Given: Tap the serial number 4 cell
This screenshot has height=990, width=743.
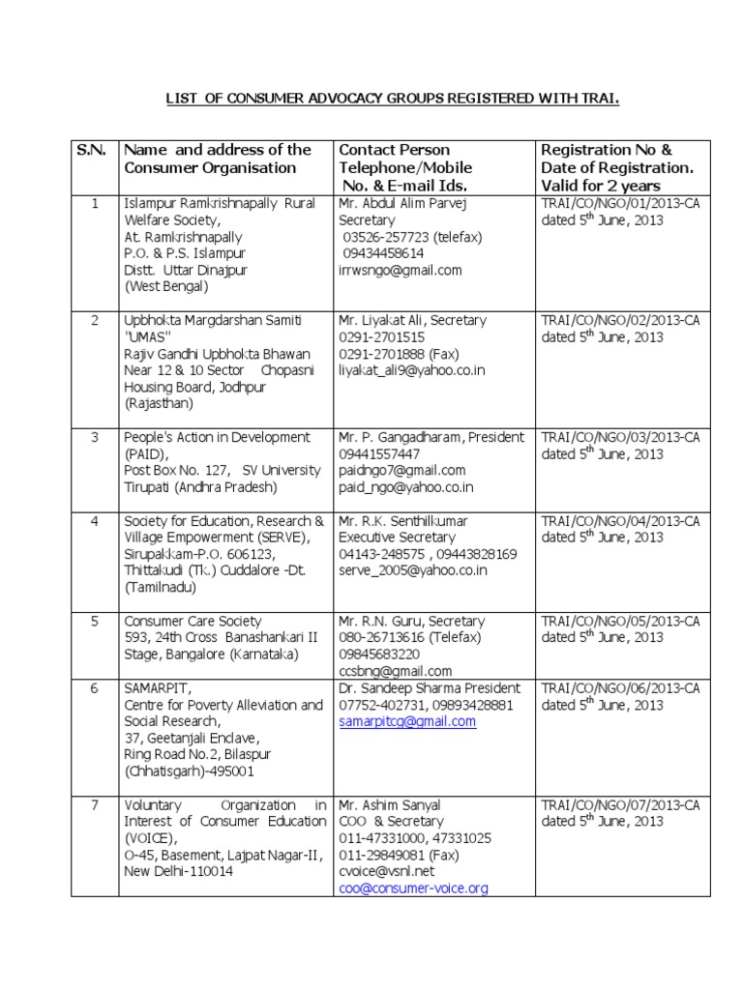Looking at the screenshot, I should click(x=95, y=522).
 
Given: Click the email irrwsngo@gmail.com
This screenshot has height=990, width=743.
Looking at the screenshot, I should click(x=400, y=271).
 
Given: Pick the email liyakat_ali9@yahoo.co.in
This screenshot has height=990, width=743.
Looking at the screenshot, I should click(x=411, y=370).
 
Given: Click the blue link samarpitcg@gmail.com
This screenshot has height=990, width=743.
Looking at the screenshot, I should click(x=407, y=721).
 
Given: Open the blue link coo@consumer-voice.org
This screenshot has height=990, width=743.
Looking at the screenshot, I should click(x=413, y=888).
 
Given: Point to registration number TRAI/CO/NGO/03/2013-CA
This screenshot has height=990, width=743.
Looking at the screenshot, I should click(x=620, y=438).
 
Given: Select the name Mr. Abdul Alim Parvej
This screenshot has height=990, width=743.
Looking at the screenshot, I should click(x=407, y=204).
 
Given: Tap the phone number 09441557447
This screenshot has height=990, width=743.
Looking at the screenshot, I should click(x=379, y=454).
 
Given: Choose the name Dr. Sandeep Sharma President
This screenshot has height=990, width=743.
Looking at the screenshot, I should click(x=429, y=688).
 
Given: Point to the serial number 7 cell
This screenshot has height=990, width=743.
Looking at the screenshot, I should click(x=95, y=805).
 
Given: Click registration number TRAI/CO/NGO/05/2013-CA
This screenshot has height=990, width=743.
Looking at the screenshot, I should click(x=620, y=622).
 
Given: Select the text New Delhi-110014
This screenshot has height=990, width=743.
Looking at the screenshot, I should click(x=179, y=871).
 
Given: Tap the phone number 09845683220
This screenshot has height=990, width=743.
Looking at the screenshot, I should click(x=379, y=655).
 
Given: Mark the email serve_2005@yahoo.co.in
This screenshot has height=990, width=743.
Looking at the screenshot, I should click(x=412, y=571).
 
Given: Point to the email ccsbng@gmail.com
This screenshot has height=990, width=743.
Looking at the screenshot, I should click(x=395, y=671).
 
